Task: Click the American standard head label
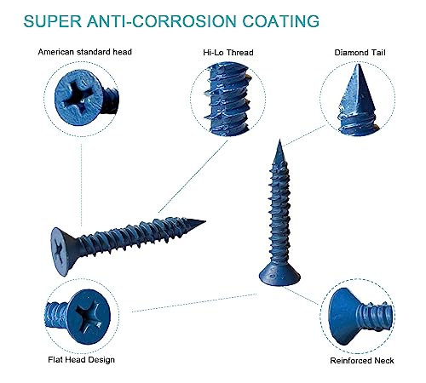(85, 52)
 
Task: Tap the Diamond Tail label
(359, 52)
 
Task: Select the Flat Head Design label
(80, 360)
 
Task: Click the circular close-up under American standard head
(82, 102)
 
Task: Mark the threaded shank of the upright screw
(282, 213)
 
